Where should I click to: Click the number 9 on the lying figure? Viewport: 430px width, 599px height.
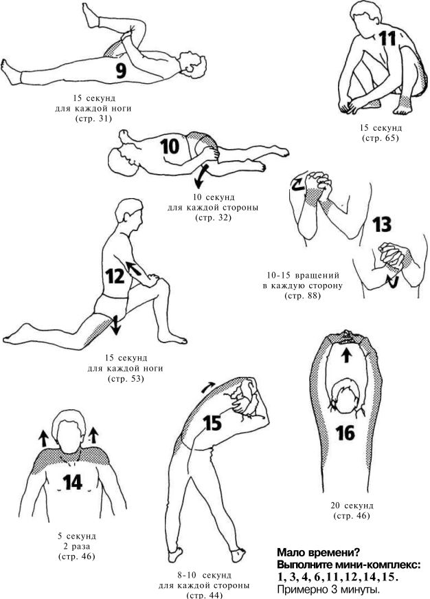(x=121, y=71)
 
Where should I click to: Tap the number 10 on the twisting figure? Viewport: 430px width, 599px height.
(x=170, y=146)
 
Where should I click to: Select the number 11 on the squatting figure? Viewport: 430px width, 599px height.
(x=387, y=39)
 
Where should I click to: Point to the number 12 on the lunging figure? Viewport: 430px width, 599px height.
(x=115, y=276)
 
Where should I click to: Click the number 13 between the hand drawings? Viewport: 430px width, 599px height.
(x=382, y=225)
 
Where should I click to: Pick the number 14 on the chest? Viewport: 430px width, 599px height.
(x=73, y=483)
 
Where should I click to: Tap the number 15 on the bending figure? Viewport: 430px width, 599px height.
(x=212, y=423)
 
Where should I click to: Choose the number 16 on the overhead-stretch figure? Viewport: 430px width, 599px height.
(x=346, y=433)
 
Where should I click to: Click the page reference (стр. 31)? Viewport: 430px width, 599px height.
(x=93, y=119)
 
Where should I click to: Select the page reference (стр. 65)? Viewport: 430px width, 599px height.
(x=381, y=138)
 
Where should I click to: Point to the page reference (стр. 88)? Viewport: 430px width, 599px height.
(x=302, y=296)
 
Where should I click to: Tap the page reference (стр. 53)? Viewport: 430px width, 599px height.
(x=126, y=379)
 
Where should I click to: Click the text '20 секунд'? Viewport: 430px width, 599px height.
(x=352, y=505)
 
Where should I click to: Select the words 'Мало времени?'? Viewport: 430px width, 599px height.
(x=318, y=552)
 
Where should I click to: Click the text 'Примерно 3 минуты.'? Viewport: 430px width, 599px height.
(x=328, y=589)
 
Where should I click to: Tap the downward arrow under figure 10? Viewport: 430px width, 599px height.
(x=201, y=177)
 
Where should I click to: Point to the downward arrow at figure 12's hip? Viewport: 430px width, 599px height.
(x=115, y=325)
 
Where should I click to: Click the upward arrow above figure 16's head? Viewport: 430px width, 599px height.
(x=346, y=356)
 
